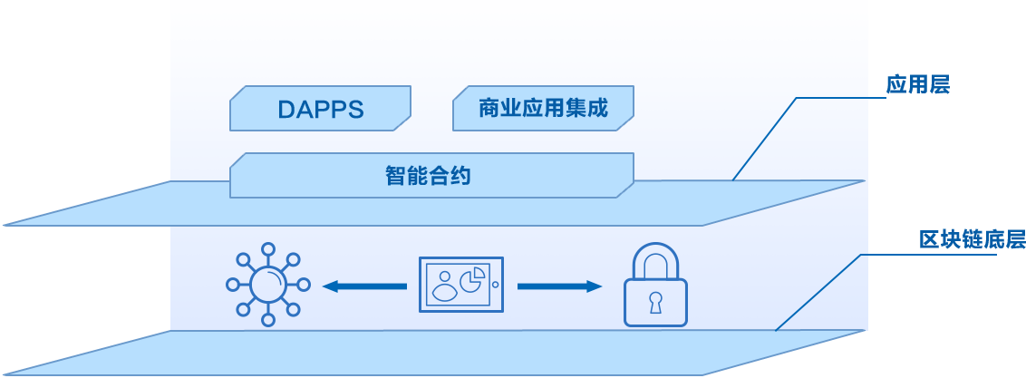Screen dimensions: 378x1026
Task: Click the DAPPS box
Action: (320, 110)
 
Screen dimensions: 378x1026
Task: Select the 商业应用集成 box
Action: (543, 110)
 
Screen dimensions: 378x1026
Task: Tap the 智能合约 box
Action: (431, 175)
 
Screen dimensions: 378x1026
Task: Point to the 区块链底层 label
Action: (972, 241)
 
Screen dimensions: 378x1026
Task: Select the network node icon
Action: (267, 285)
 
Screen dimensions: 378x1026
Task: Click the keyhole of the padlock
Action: (654, 301)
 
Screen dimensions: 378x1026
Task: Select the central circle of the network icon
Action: (267, 285)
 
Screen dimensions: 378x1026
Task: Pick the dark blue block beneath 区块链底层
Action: (932, 287)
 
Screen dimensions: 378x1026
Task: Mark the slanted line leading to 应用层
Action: (764, 139)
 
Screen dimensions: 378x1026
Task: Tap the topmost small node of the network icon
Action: (267, 247)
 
